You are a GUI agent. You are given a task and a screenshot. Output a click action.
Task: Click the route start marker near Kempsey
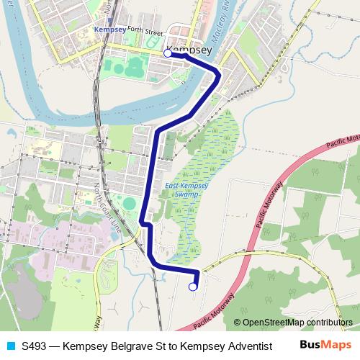point(168,53)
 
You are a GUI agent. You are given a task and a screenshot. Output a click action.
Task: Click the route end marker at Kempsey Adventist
point(192,287)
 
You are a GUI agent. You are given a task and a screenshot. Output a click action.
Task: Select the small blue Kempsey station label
point(110,30)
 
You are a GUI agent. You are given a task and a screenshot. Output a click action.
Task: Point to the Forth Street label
point(146,32)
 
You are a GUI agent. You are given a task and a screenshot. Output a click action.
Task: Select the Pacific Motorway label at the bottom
point(214,310)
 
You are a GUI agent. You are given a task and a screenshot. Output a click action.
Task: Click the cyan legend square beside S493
point(9,346)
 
